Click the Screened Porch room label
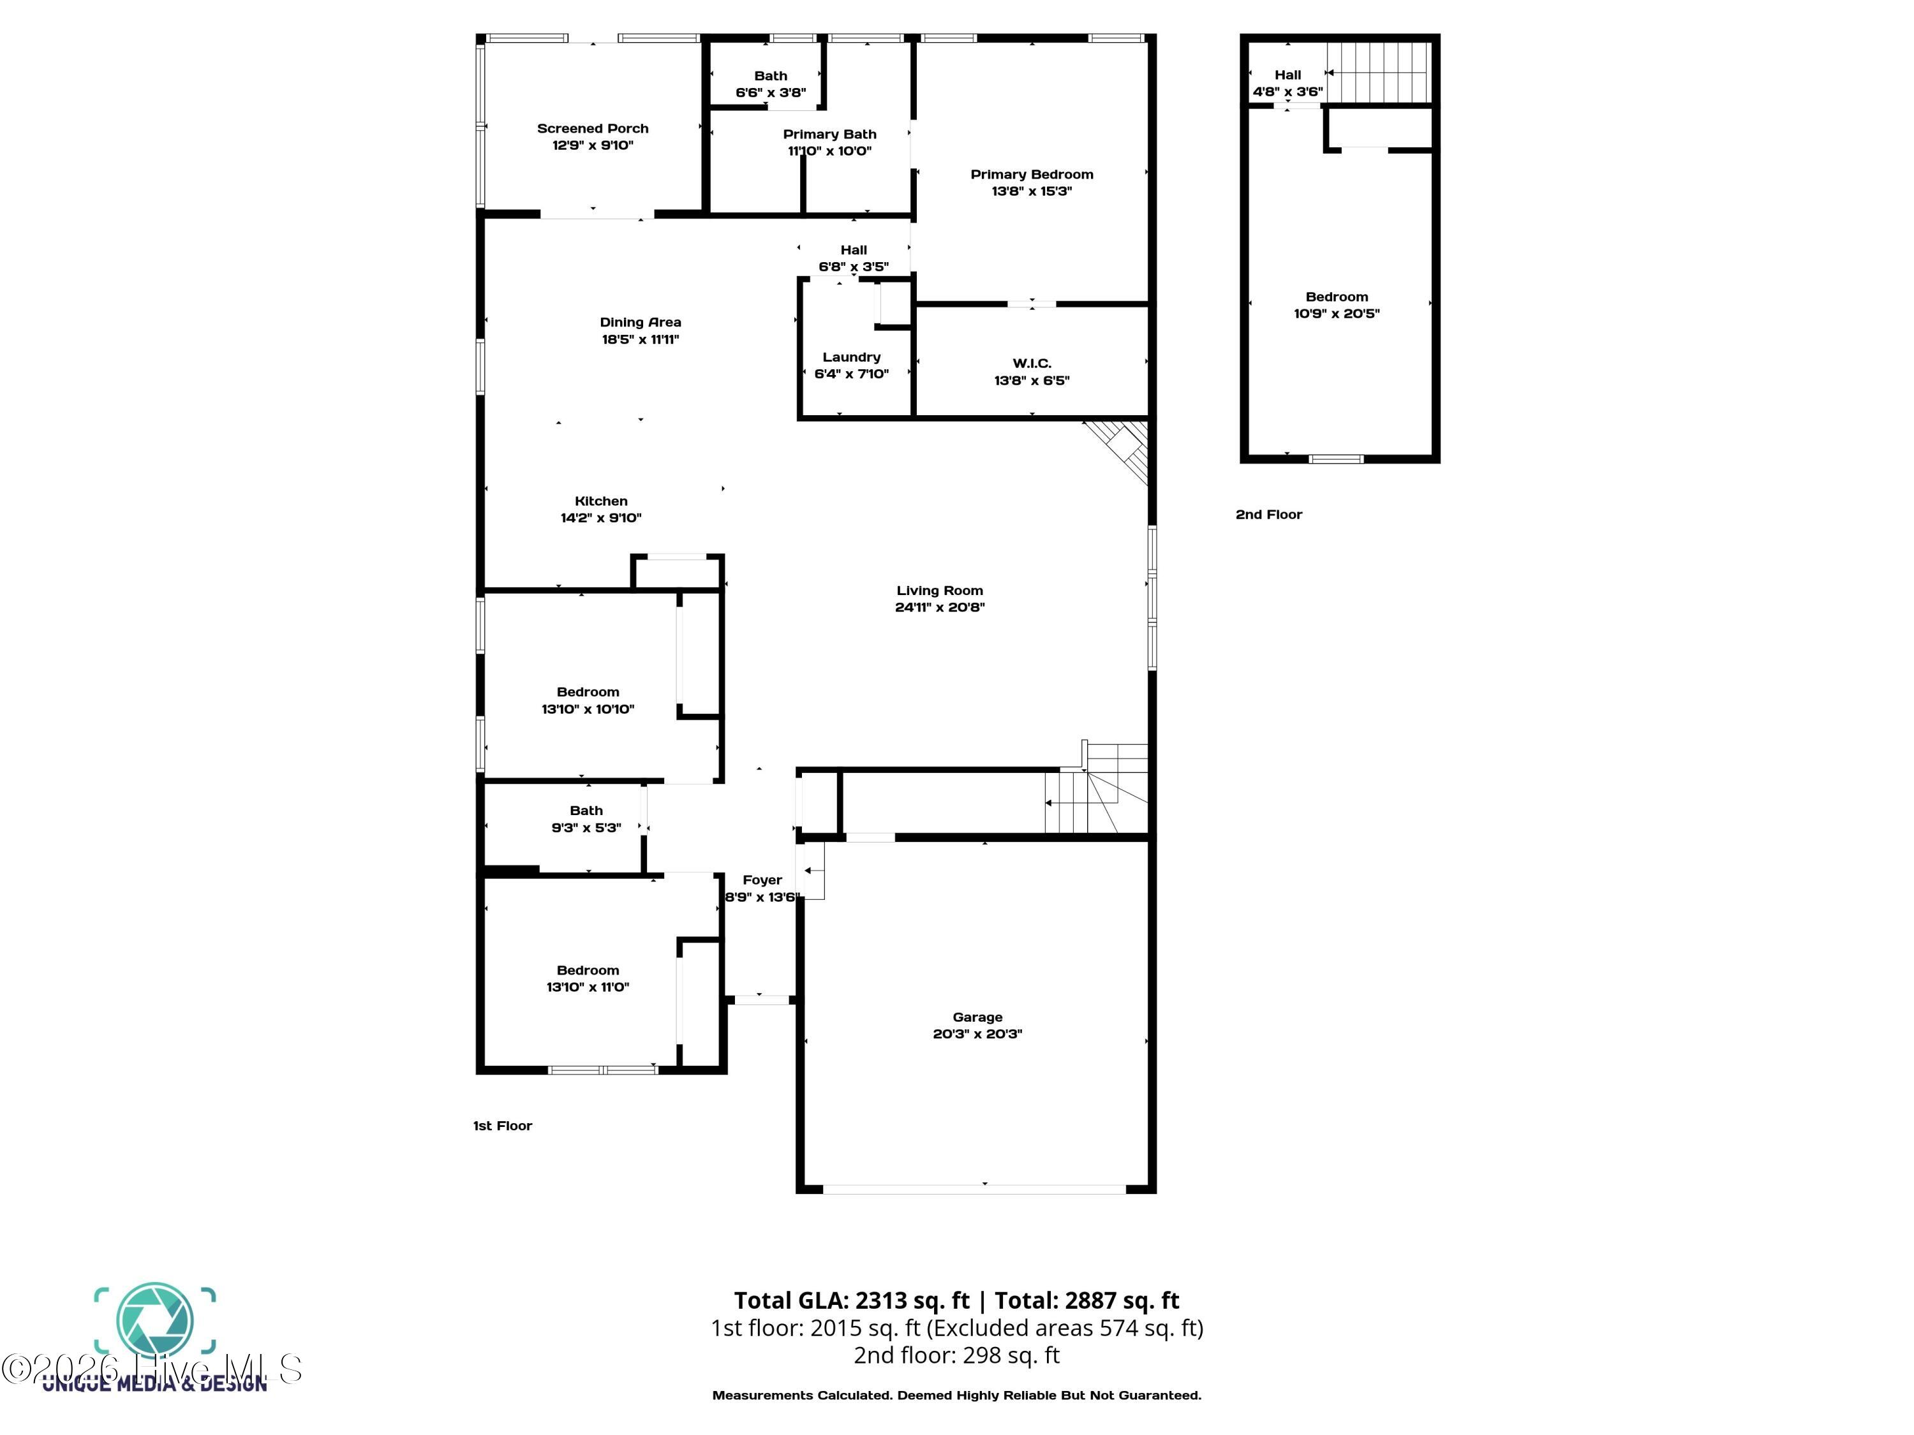coord(592,128)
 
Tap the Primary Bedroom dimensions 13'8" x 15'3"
coord(1032,191)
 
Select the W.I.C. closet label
coord(1032,364)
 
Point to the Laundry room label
coord(852,357)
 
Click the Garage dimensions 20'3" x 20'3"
coord(977,1034)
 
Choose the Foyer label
coord(761,879)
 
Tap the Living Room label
coord(939,591)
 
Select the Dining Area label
coord(641,323)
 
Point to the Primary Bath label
coord(829,134)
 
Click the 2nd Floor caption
coord(1268,515)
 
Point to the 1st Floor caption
coord(502,1125)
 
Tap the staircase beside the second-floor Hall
coord(1377,73)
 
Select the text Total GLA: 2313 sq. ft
coord(852,1300)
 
